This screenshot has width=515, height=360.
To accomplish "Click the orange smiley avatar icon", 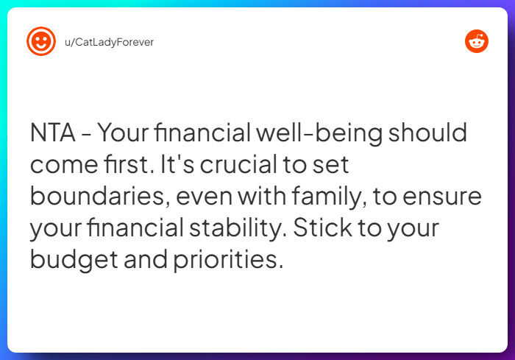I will (x=41, y=42).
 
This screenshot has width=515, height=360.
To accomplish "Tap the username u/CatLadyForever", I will (x=109, y=42).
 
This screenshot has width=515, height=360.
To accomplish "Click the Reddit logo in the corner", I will (x=477, y=42).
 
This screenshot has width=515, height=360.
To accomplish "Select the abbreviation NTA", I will (x=52, y=134).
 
